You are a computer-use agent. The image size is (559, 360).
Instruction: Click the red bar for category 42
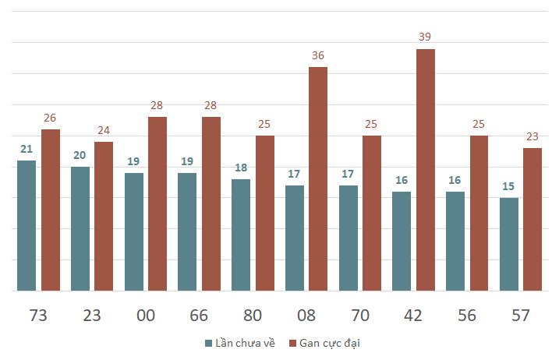pos(426,170)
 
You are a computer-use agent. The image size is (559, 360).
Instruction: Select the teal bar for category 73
pos(27,226)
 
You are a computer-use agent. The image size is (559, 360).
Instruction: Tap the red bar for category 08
pos(318,179)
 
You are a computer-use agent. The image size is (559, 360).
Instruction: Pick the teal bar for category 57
pos(509,245)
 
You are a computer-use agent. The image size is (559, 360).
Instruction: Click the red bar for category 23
pos(104,217)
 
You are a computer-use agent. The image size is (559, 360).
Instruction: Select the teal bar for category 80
pos(241,235)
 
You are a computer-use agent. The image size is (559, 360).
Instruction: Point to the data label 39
pos(425,37)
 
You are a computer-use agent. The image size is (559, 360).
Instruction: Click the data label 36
pos(318,55)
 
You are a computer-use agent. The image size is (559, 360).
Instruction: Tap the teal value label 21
pos(27,149)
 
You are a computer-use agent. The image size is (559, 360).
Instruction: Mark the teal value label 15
pos(508,186)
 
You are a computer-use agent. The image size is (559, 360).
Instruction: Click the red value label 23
pos(532,136)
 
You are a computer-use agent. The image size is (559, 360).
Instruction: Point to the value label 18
pos(241,168)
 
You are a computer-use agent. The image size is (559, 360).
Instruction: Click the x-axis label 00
pos(146,316)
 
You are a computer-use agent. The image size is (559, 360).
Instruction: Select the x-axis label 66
pos(199,316)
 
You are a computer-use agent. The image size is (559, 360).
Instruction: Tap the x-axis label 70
pos(360,316)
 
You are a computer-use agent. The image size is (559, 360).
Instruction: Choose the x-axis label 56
pos(467,316)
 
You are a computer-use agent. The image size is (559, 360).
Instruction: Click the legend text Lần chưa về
pos(246,343)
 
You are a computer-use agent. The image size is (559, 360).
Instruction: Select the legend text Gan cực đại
pos(330,344)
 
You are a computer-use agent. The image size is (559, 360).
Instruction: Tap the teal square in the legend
pos(209,344)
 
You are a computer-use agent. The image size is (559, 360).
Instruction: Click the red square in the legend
pos(292,344)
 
